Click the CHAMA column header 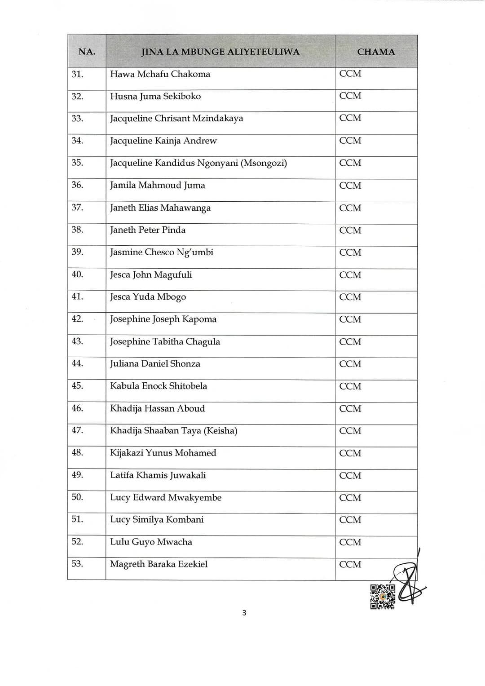click(376, 52)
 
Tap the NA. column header click(87, 52)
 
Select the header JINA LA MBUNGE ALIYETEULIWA click(220, 52)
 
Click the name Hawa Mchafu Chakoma click(160, 74)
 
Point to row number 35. click(77, 163)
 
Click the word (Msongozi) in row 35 click(264, 163)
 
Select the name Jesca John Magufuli click(151, 274)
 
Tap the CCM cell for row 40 click(350, 275)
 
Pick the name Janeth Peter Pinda click(148, 230)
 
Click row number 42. click(77, 319)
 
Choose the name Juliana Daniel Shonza click(155, 364)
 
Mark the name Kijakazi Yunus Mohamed click(163, 453)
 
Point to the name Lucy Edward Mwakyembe click(166, 498)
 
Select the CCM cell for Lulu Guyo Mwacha click(350, 542)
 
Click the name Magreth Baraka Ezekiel click(159, 564)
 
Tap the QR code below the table click(382, 597)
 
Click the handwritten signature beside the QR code click(409, 584)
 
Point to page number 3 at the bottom click(244, 613)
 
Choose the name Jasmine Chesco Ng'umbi click(162, 252)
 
